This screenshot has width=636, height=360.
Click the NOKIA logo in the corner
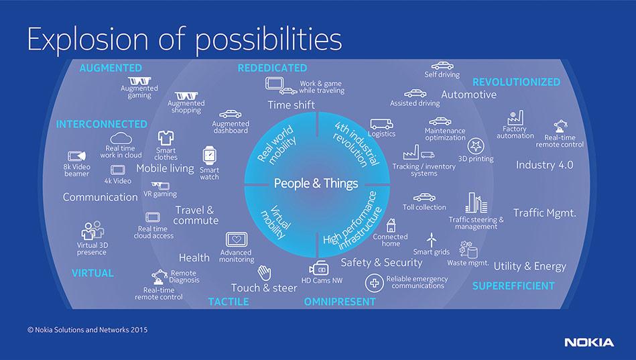(x=588, y=342)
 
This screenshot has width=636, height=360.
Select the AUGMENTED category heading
(x=111, y=68)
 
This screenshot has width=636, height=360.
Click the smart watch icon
(x=210, y=156)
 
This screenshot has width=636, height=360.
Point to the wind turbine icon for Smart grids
(x=432, y=239)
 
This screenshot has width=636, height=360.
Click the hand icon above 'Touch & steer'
(x=264, y=273)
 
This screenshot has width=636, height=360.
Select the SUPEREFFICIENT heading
(x=513, y=286)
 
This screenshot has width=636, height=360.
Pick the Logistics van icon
(x=381, y=123)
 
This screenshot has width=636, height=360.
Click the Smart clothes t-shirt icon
(x=166, y=137)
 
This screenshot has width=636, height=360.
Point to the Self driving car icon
(x=440, y=66)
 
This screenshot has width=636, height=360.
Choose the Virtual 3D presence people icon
(x=92, y=230)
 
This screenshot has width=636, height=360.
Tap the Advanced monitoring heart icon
(x=236, y=240)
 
